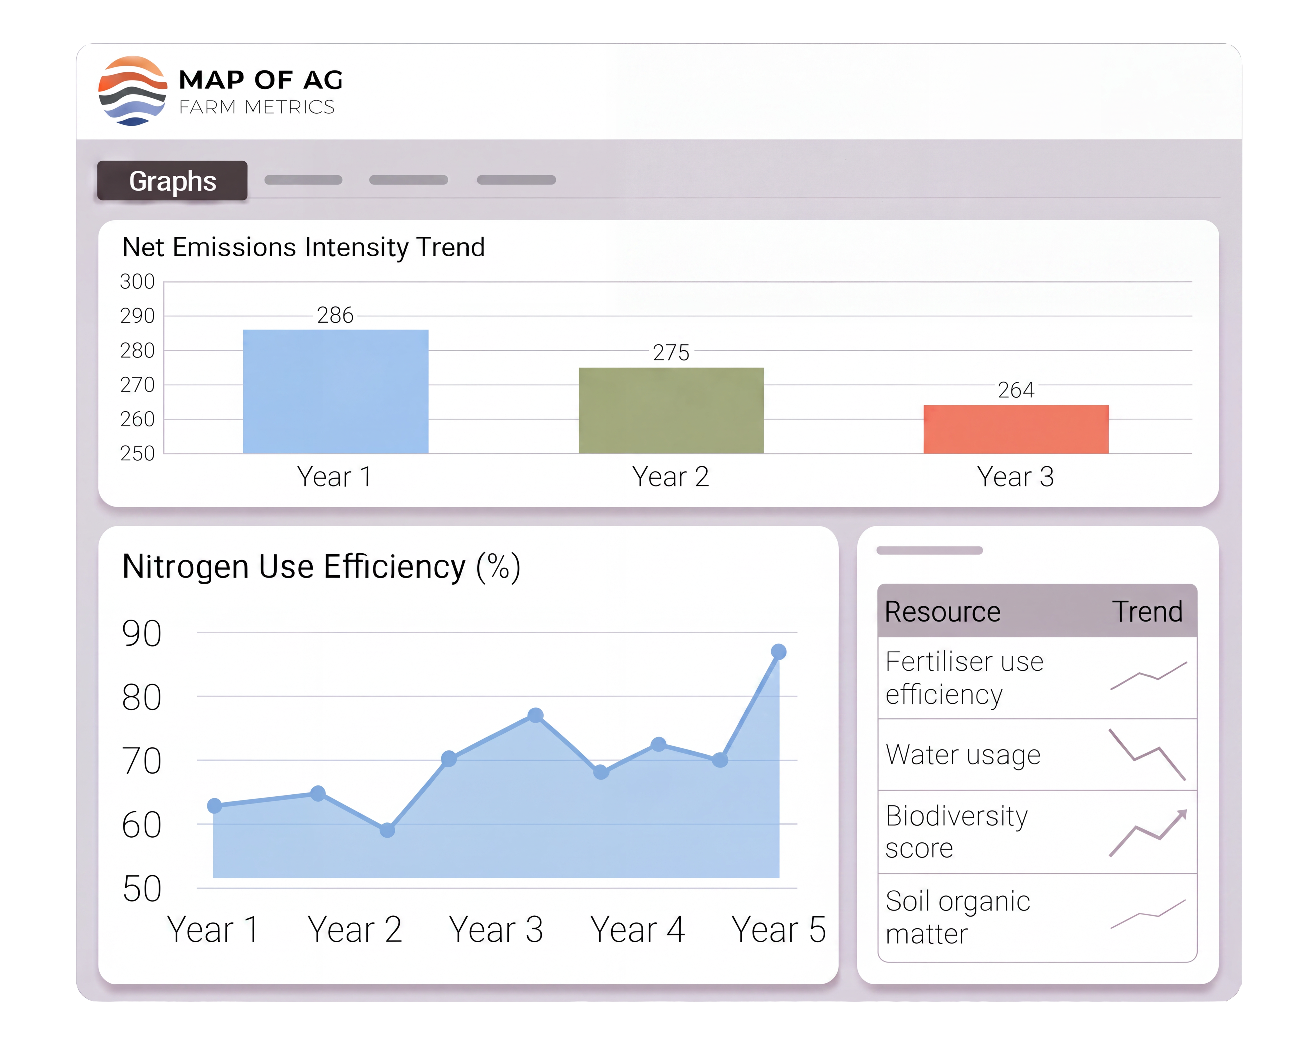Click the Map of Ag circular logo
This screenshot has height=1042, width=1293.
[133, 91]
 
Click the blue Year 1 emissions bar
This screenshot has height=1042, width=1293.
[335, 391]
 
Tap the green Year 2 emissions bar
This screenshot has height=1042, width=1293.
[671, 411]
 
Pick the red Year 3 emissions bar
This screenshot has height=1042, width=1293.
[1016, 429]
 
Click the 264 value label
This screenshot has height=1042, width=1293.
[1016, 390]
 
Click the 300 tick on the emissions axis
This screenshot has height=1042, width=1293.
[137, 282]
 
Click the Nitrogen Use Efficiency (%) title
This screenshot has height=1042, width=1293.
[322, 567]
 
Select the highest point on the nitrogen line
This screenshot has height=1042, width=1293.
[778, 652]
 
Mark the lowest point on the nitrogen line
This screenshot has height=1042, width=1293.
[388, 830]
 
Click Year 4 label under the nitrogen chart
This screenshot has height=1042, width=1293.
[637, 930]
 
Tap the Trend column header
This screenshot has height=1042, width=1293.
[1147, 612]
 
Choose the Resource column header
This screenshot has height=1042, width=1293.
[943, 612]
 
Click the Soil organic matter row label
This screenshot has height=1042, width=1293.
[958, 917]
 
